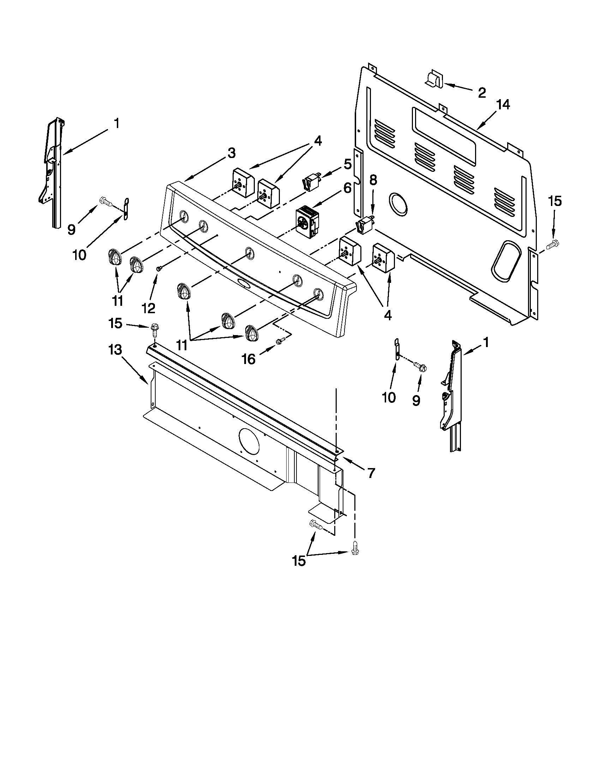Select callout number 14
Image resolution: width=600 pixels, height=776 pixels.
point(503,105)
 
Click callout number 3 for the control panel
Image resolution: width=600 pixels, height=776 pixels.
point(231,153)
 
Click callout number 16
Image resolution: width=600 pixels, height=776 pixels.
point(248,359)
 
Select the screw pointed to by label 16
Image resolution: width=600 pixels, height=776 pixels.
point(280,341)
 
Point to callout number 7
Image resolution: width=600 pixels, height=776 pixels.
point(371,473)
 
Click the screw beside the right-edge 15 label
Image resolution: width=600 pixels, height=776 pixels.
point(552,244)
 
